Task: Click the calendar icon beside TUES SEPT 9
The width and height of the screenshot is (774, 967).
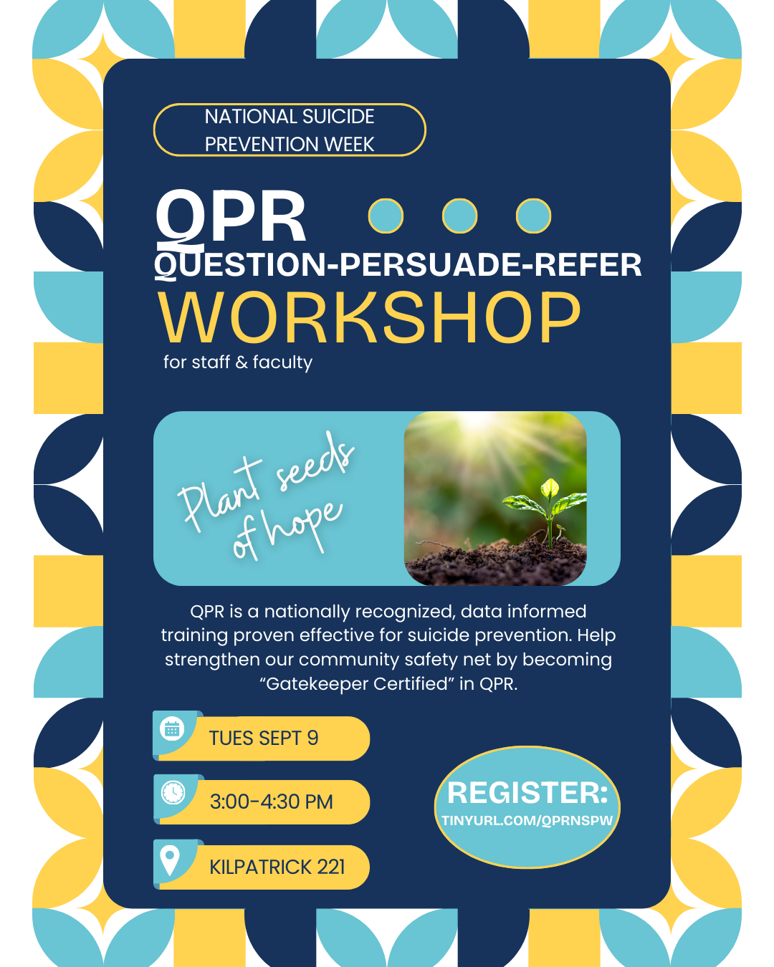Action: point(172,729)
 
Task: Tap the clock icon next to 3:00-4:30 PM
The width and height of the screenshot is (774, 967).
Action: point(173,792)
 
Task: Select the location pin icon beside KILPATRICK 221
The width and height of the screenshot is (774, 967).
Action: point(170,860)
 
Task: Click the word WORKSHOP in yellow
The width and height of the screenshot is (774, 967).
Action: point(369,318)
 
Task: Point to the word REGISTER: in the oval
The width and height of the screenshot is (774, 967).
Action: point(527,792)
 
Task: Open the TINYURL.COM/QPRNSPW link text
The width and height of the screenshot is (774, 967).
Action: point(527,820)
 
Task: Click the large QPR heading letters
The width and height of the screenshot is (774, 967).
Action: point(231,217)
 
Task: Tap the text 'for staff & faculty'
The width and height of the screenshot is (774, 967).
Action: point(237,362)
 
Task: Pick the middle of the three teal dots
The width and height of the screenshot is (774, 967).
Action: point(459,216)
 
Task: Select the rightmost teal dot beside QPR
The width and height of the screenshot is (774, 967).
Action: point(533,216)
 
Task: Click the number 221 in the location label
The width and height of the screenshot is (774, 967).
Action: point(330,867)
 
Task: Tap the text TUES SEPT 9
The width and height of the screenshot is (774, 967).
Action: point(264,738)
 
